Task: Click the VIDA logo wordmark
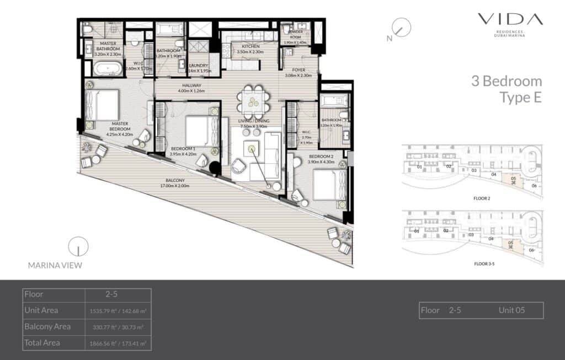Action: point(510,20)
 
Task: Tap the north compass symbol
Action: point(402,28)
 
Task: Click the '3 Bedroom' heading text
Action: point(506,82)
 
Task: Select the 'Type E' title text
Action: point(520,98)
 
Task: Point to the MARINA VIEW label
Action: point(55,265)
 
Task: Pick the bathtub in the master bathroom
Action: point(106,69)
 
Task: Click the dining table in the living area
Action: point(253,101)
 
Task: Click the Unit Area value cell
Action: point(117,311)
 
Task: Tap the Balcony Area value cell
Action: point(117,327)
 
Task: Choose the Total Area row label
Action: point(42,343)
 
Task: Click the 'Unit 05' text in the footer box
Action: point(511,310)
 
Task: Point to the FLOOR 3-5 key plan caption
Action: point(484,264)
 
